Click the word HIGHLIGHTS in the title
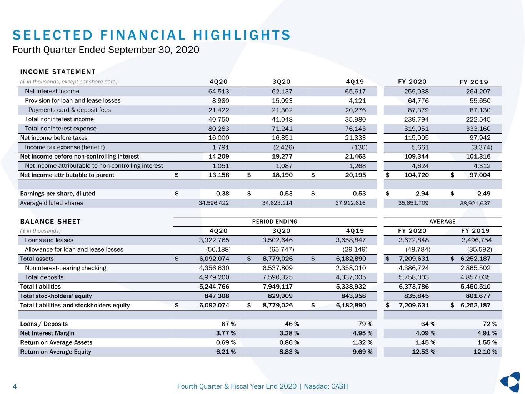tap(242, 35)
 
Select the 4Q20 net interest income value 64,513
tap(218, 92)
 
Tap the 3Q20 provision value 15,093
tap(282, 101)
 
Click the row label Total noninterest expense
tap(60, 129)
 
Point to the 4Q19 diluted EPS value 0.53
tap(359, 194)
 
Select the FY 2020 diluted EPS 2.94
tap(422, 194)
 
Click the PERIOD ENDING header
tap(275, 222)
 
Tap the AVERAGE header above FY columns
tap(442, 222)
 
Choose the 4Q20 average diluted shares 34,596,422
tap(213, 203)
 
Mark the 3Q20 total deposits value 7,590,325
tap(277, 277)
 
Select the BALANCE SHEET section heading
tap(50, 222)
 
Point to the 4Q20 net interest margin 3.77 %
tap(226, 333)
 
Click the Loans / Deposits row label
tap(44, 324)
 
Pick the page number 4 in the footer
tap(15, 386)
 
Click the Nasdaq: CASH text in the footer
tap(326, 386)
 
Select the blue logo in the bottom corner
tap(510, 382)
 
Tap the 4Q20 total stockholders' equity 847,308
tap(217, 296)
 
